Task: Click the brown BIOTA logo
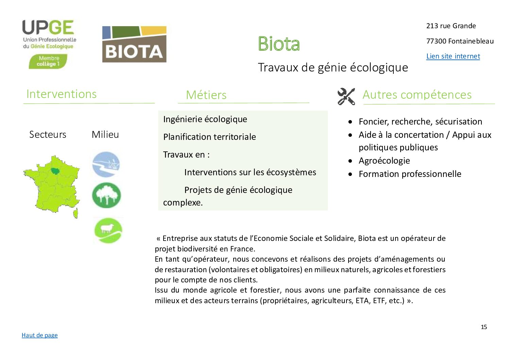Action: [134, 45]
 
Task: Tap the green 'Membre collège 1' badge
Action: [48, 62]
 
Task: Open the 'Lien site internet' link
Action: [453, 56]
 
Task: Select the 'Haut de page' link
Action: [39, 335]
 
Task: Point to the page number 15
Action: [483, 327]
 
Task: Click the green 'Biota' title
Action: [279, 44]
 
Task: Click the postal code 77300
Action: [436, 41]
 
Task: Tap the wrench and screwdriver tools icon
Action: [346, 96]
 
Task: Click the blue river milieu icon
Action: [106, 165]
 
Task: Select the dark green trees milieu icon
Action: [106, 195]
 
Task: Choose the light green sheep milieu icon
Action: [108, 231]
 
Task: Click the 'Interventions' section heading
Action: [62, 94]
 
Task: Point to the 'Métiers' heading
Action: [206, 95]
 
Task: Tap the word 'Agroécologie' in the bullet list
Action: [384, 161]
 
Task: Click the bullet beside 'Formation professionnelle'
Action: [350, 174]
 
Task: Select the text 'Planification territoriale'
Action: [209, 137]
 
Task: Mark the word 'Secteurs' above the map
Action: [48, 134]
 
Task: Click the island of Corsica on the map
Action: [76, 214]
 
